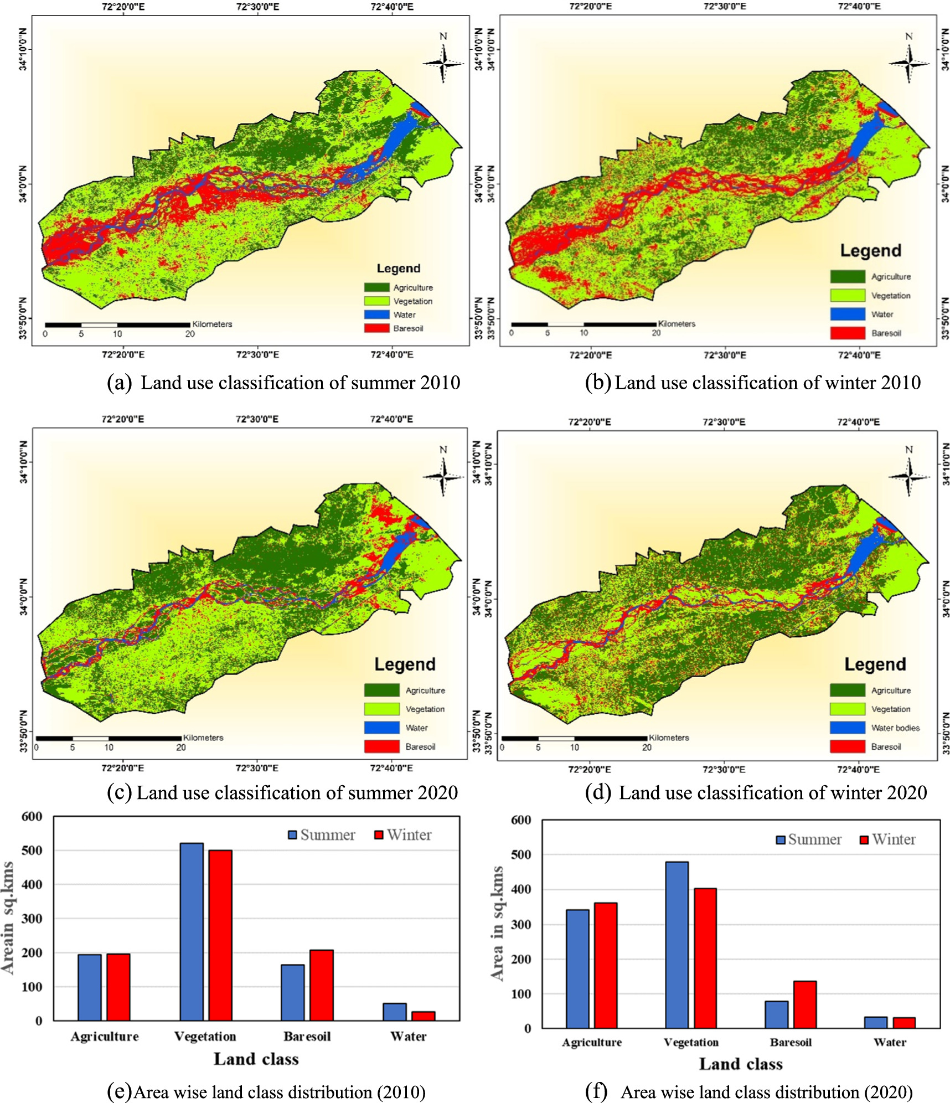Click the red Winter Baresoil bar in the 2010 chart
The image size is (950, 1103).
321,985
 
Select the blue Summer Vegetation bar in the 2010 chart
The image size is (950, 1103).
192,931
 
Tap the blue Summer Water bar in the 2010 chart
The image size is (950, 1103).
394,1012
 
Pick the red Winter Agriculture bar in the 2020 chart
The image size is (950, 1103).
606,965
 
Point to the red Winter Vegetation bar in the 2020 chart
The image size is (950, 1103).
705,958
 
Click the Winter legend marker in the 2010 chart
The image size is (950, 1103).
379,835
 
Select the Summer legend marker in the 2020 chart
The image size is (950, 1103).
781,840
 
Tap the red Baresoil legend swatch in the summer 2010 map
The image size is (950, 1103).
376,328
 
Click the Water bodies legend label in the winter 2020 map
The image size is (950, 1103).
895,728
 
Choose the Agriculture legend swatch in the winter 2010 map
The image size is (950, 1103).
847,276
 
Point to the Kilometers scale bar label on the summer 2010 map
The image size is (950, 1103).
212,324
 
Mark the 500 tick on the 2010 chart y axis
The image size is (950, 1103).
32,851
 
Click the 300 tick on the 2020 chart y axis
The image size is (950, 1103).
520,924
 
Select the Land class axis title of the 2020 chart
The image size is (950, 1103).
741,1064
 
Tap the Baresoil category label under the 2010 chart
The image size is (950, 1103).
307,1037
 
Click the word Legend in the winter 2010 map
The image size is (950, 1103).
870,251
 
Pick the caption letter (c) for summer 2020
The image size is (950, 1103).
119,792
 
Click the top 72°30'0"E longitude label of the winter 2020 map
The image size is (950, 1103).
724,422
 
